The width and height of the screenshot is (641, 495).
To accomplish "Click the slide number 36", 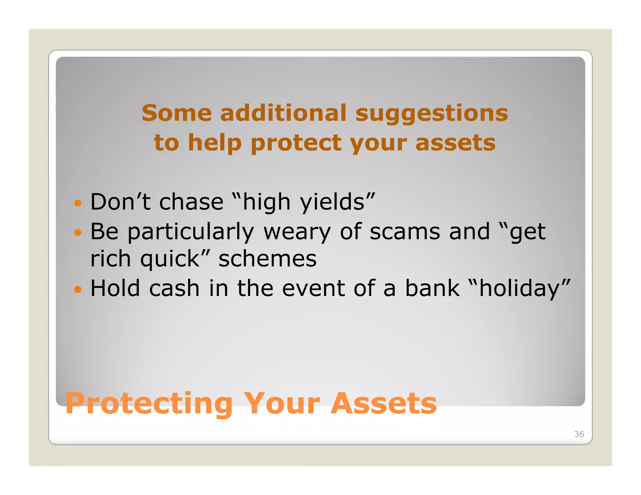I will (579, 434).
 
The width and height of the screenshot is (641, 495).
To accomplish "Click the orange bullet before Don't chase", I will (78, 203).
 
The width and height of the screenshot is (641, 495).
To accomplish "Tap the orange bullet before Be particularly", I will (78, 233).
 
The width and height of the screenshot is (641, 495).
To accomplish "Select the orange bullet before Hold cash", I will (78, 289).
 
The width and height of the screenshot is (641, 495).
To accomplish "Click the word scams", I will (405, 232).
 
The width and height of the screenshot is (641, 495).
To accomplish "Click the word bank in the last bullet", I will (432, 288).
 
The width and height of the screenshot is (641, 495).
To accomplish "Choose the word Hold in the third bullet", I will (115, 288).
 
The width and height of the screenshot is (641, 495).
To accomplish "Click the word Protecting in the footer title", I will (149, 404).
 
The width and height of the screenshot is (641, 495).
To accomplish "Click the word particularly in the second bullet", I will (191, 232).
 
